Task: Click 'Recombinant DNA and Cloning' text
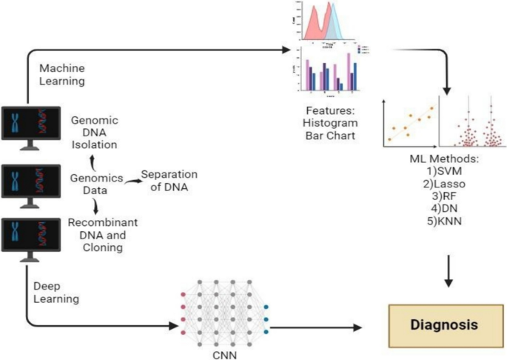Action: tap(104, 236)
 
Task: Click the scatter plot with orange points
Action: tap(409, 120)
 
